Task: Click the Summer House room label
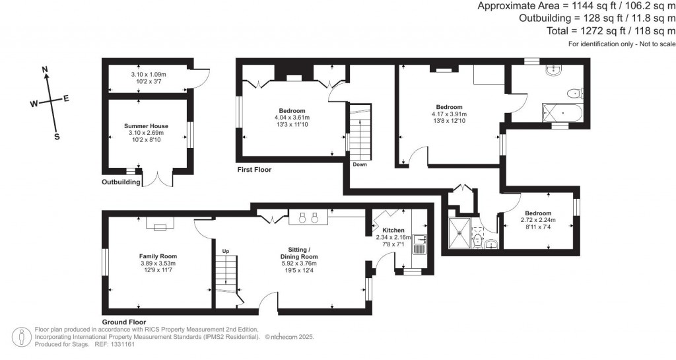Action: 146,126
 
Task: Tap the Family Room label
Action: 158,256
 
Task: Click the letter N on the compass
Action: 45,69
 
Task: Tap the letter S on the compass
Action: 56,137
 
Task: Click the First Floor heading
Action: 254,170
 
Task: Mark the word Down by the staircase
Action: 360,164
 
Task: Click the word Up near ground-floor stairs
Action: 226,251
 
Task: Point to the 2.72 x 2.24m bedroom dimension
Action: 538,220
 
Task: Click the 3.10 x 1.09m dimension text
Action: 148,75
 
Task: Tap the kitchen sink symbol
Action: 419,244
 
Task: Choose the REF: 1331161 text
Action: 117,344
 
